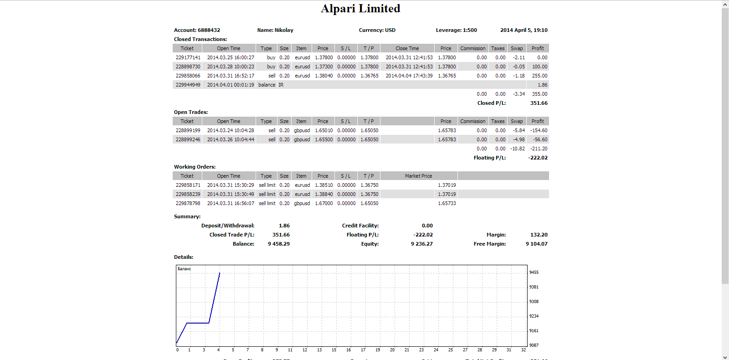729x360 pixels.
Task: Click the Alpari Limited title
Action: point(360,9)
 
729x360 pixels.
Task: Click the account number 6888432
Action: point(209,30)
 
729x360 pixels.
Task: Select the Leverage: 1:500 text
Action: point(456,30)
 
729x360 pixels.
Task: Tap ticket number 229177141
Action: point(188,57)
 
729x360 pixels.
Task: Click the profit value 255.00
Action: point(539,76)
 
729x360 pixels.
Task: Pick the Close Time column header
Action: point(407,48)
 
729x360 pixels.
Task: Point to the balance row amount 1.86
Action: point(543,85)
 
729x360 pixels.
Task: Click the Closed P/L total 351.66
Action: point(539,103)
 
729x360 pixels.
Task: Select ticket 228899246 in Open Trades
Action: point(188,139)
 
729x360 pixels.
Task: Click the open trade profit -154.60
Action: point(539,130)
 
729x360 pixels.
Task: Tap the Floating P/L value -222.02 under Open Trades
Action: point(538,158)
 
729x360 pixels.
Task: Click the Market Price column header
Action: point(418,176)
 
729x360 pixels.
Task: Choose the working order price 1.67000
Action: point(324,203)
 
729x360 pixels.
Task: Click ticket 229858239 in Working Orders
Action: point(188,194)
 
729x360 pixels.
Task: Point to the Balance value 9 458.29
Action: point(278,244)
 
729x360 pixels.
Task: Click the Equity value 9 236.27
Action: point(422,244)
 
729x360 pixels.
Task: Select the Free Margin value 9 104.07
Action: point(536,244)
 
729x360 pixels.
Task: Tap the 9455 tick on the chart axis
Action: point(534,273)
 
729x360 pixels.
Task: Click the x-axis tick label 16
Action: point(349,350)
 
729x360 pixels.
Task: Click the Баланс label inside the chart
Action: point(184,269)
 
